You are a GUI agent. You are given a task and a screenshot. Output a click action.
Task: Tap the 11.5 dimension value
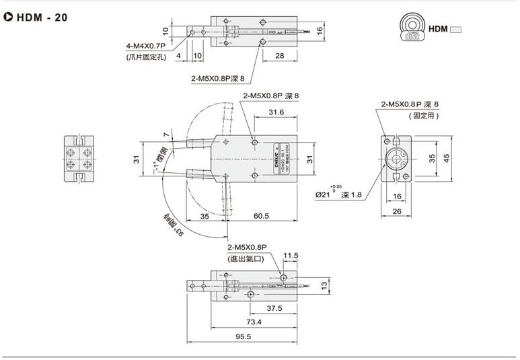(x=290, y=256)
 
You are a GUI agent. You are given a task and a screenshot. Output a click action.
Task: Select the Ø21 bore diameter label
(x=324, y=195)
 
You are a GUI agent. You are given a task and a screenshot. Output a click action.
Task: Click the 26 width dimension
(x=396, y=212)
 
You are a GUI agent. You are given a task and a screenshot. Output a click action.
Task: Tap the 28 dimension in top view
(x=278, y=56)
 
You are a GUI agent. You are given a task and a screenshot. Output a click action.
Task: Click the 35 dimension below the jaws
(x=205, y=216)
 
